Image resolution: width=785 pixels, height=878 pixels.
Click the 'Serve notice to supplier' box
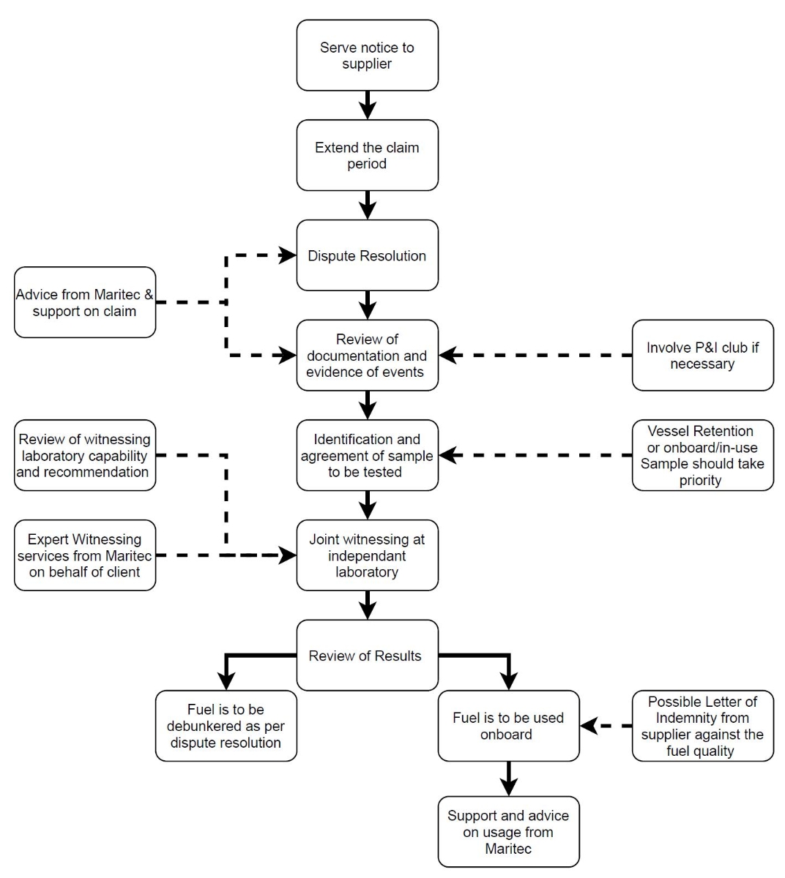click(x=368, y=55)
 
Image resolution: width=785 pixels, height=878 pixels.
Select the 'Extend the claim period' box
click(x=368, y=155)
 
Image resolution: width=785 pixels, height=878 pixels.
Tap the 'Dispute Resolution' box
click(x=368, y=255)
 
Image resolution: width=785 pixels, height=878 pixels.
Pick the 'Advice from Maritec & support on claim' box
click(x=85, y=302)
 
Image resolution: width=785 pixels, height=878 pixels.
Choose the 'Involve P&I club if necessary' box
click(x=702, y=356)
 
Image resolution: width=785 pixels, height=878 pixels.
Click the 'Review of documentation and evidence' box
click(x=368, y=356)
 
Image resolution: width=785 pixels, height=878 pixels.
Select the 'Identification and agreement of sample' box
click(x=368, y=455)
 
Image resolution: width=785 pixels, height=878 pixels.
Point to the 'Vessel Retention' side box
click(x=702, y=455)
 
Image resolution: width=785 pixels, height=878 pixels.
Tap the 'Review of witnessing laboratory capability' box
click(x=85, y=455)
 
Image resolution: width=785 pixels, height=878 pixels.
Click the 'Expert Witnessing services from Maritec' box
click(x=85, y=555)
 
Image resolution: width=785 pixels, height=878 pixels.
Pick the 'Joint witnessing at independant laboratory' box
click(x=368, y=555)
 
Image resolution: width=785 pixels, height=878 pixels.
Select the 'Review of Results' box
click(x=368, y=656)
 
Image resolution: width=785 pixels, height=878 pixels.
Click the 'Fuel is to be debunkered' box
click(x=226, y=726)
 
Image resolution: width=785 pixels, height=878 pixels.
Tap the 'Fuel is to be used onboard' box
click(x=509, y=726)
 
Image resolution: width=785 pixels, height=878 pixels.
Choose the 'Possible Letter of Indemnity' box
click(x=702, y=726)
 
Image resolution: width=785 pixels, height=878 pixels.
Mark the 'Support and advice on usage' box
click(x=509, y=832)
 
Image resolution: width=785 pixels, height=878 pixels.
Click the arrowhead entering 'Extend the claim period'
click(x=368, y=110)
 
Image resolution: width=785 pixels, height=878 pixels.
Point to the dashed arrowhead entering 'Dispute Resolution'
click(x=287, y=255)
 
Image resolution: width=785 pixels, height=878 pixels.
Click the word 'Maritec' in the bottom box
click(x=508, y=848)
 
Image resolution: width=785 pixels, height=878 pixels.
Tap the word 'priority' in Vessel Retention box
click(x=701, y=481)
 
